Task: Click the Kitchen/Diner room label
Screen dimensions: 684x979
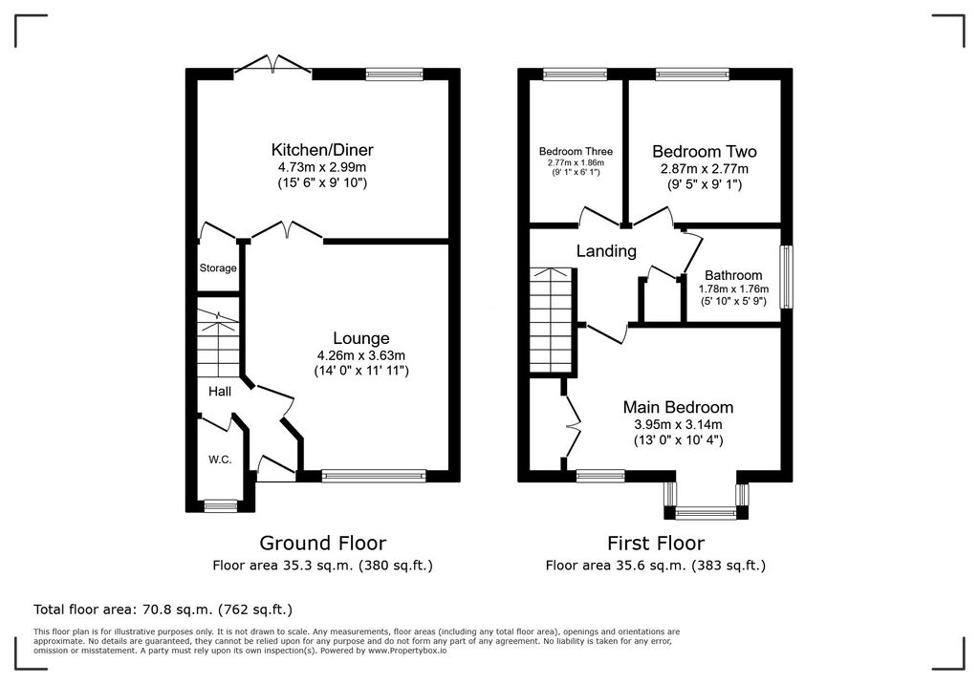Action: click(x=322, y=150)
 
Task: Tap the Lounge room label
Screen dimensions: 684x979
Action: click(x=360, y=338)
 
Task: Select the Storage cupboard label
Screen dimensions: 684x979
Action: click(x=217, y=268)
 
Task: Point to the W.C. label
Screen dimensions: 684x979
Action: click(x=220, y=460)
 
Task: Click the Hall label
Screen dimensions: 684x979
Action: click(x=220, y=392)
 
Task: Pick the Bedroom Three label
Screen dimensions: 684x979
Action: click(x=576, y=152)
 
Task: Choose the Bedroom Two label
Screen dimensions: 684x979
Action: click(x=704, y=152)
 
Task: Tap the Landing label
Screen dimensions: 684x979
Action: click(x=606, y=251)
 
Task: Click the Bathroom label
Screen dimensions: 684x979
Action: click(x=733, y=275)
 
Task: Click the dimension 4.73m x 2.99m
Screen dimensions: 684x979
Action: click(x=322, y=167)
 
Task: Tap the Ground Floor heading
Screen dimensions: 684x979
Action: click(x=322, y=544)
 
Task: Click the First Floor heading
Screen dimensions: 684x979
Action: click(x=655, y=544)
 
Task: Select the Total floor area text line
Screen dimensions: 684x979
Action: click(x=163, y=609)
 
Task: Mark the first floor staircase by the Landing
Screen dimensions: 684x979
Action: click(x=554, y=320)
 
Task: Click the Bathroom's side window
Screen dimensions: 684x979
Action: click(x=786, y=278)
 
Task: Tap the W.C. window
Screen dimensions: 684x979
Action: click(x=221, y=505)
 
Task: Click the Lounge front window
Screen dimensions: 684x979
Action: click(x=374, y=475)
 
